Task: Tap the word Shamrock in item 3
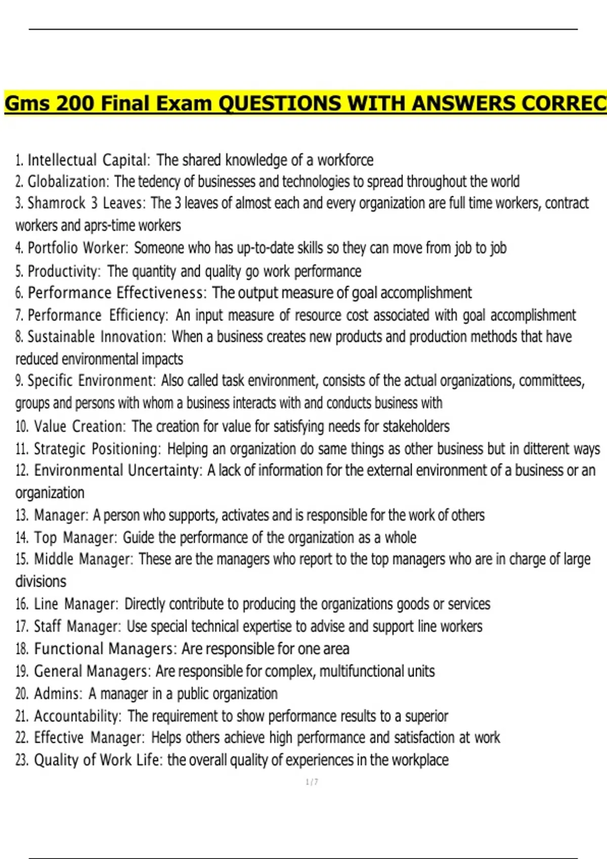pos(56,203)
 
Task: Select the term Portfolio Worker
pos(77,248)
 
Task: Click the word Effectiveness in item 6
pos(159,293)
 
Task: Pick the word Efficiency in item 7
pos(138,315)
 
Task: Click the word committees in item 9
pos(551,380)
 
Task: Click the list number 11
pos(22,449)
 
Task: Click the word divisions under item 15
pos(40,581)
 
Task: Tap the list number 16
pos(22,604)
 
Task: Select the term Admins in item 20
pos(57,694)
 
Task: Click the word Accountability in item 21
pos(77,716)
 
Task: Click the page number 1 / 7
pos(312,782)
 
